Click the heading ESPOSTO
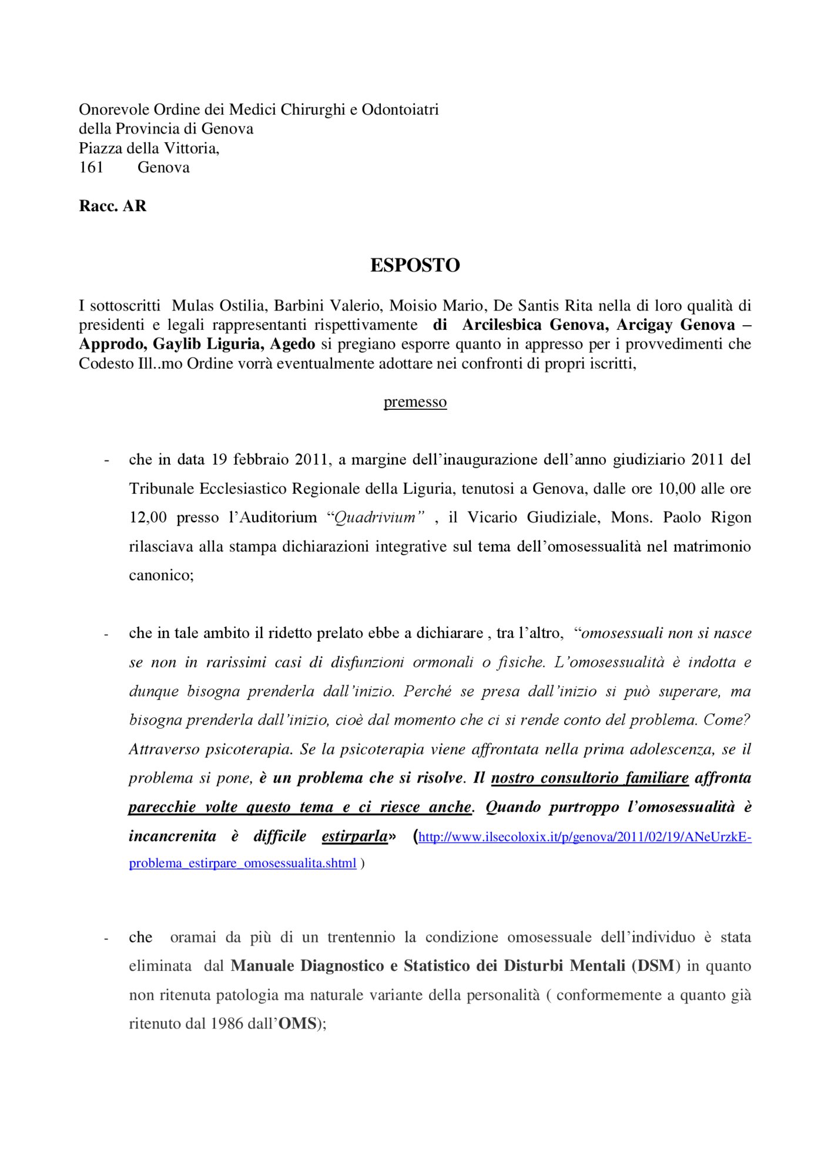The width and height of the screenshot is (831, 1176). (x=415, y=265)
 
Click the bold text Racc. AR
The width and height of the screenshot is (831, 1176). (x=112, y=206)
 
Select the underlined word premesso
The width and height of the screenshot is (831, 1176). (x=415, y=402)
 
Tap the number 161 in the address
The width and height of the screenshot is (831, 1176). (x=91, y=168)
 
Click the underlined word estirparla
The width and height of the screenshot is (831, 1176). (x=355, y=836)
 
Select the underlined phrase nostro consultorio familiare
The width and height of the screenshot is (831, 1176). (x=589, y=778)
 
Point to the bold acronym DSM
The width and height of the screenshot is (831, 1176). (x=656, y=965)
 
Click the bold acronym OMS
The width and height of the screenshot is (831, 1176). (x=297, y=1024)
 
